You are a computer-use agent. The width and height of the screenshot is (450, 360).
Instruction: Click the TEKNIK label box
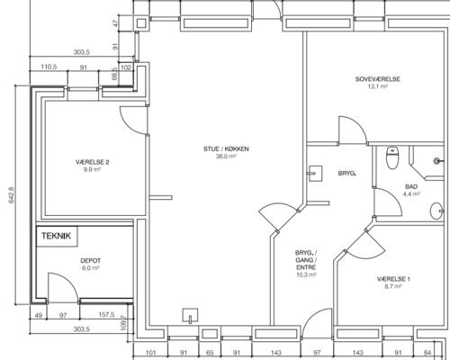(57, 236)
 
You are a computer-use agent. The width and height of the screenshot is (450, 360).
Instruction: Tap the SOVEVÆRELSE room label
(377, 79)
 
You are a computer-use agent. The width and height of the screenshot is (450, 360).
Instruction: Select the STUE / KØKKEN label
(226, 148)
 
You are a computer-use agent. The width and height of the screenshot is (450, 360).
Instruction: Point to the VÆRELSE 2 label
(92, 162)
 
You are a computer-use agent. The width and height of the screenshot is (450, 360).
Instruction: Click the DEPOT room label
(90, 261)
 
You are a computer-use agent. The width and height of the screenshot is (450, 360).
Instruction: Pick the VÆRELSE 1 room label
(393, 279)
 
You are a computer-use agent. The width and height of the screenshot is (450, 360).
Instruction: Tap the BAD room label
(411, 186)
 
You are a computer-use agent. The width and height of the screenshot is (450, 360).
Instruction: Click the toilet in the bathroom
(391, 158)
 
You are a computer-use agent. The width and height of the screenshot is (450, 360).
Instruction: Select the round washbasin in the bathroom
(436, 211)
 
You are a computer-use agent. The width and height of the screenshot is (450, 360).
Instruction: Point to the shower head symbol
(436, 161)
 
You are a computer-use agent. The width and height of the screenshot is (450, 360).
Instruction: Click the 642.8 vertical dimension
(12, 195)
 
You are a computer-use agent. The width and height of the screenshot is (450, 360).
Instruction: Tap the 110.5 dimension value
(49, 67)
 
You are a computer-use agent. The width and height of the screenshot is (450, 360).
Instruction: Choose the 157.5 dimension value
(106, 315)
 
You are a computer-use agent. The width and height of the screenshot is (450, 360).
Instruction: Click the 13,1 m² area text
(377, 86)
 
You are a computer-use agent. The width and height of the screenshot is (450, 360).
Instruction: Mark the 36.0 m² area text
(226, 157)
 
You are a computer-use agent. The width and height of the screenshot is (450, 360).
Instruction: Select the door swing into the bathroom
(388, 202)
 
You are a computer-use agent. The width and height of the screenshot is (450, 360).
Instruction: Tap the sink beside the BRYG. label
(315, 174)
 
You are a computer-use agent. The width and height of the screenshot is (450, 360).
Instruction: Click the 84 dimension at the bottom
(427, 353)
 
